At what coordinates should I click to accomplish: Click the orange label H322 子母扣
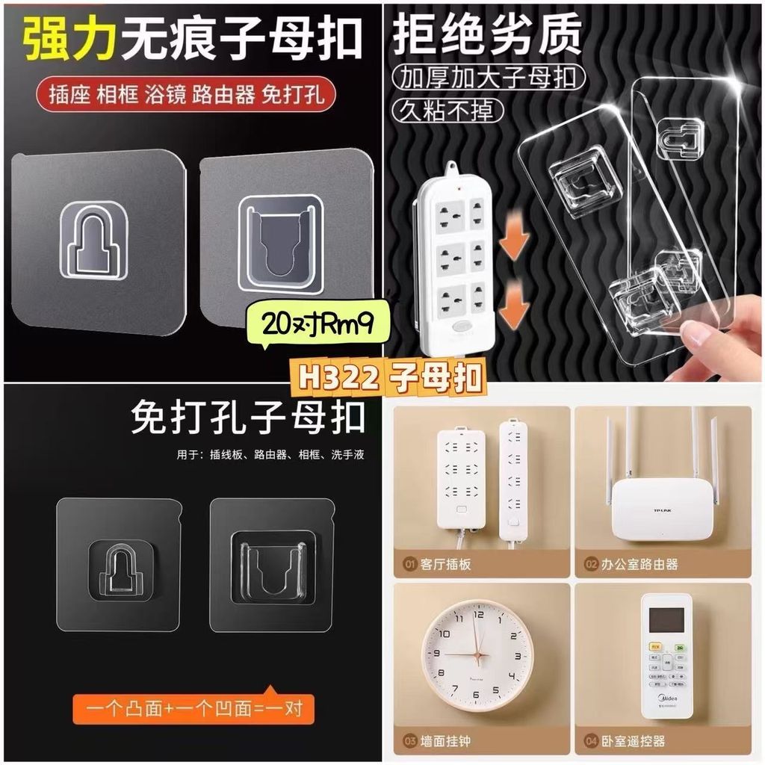tap(390, 377)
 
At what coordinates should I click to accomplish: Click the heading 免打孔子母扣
tap(248, 419)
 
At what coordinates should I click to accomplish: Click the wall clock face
tap(478, 654)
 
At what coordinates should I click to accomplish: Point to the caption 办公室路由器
tap(639, 565)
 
